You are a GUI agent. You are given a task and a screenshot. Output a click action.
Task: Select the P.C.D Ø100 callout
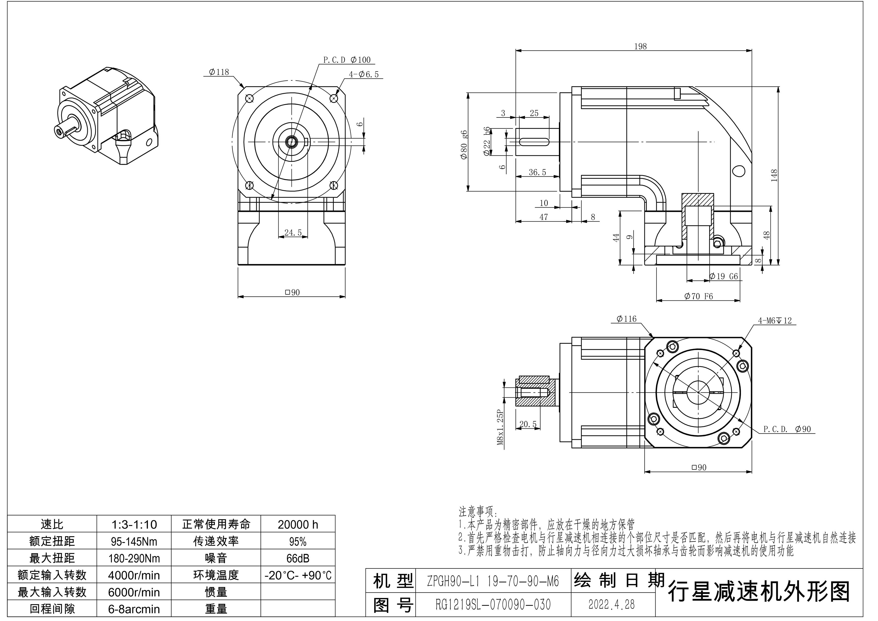click(x=347, y=60)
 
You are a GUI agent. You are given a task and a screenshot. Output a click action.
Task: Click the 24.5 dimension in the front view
click(x=293, y=233)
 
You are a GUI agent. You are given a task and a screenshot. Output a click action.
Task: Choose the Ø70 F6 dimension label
click(x=698, y=296)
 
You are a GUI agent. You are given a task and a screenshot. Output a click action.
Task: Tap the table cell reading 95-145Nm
click(x=134, y=541)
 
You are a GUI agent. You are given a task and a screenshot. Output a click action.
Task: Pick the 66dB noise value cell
click(x=298, y=558)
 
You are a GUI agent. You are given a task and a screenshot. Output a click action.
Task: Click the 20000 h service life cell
click(x=298, y=524)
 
